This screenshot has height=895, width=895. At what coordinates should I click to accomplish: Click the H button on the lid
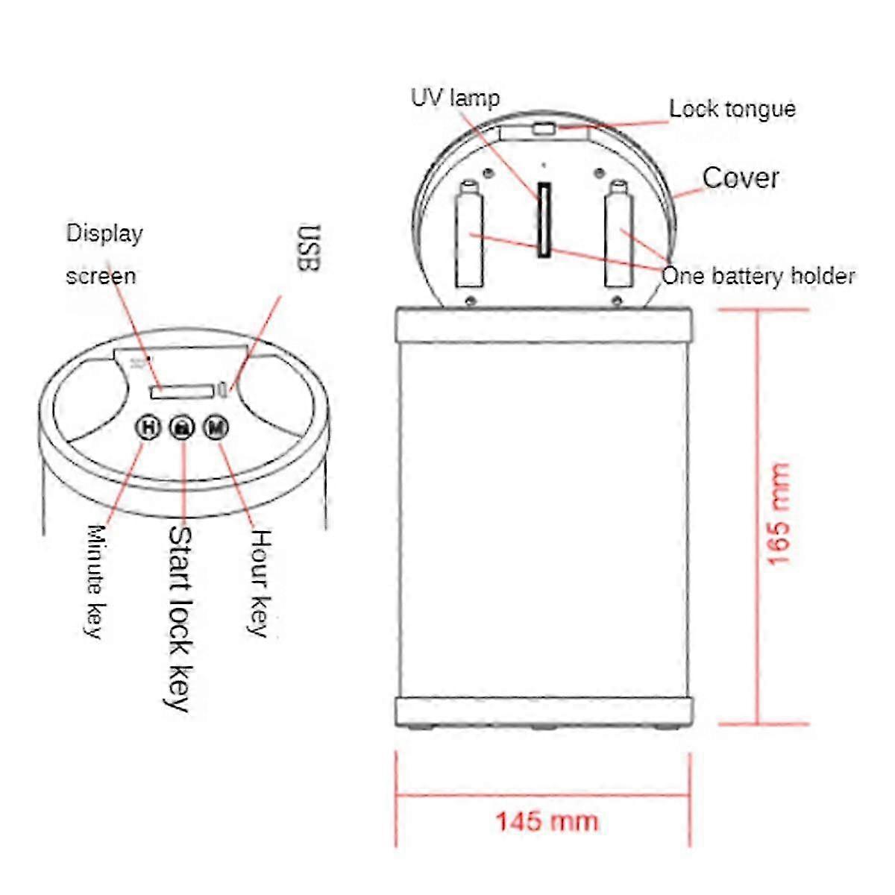(x=148, y=427)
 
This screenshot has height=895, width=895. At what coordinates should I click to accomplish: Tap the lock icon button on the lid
(x=182, y=427)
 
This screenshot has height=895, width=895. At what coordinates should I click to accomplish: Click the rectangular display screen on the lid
(x=181, y=391)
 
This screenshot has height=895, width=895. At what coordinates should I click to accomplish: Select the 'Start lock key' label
(x=180, y=618)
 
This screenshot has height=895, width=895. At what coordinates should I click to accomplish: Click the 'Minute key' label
(x=95, y=581)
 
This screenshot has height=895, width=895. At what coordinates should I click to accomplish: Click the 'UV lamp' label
(x=455, y=98)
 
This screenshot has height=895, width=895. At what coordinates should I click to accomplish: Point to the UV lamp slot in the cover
(x=545, y=220)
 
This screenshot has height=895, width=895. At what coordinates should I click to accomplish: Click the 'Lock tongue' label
(x=732, y=109)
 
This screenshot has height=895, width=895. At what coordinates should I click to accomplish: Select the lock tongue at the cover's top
(x=544, y=130)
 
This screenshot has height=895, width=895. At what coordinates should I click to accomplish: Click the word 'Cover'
(x=741, y=178)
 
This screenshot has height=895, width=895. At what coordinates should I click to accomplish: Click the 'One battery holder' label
(x=758, y=277)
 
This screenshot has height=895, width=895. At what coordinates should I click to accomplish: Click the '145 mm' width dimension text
(x=547, y=821)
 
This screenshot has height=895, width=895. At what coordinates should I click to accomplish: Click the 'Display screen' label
(x=103, y=254)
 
